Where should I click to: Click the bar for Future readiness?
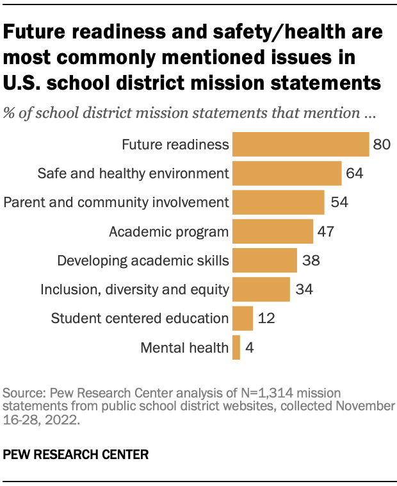coord(300,144)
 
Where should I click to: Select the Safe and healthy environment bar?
coord(286,173)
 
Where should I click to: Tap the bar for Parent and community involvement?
coord(278,202)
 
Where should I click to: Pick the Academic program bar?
coord(272,231)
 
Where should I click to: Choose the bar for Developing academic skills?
coord(264,260)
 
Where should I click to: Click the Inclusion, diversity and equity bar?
coord(261,289)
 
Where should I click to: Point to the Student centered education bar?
coord(242,318)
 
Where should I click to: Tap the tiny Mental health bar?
coord(236,348)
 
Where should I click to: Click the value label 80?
coord(382,144)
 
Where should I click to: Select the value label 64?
coord(354,173)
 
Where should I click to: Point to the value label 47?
coord(326,231)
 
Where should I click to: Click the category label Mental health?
coord(184,348)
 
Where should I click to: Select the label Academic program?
coord(168,231)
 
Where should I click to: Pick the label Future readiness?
coord(175,144)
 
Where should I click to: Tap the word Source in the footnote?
coord(19,392)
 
